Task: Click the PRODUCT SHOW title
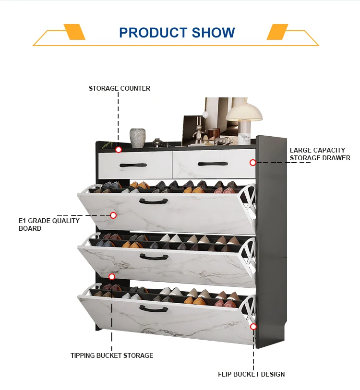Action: pos(177,33)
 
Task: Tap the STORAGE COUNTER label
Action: pos(120,88)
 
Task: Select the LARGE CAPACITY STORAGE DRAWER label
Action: pos(320,154)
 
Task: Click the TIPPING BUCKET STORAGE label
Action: pos(112,355)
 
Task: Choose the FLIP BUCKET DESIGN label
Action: pos(252,374)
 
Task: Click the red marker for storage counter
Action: pos(119,150)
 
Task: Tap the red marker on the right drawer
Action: pos(253,163)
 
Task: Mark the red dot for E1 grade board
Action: pos(113,215)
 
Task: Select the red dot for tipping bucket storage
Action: pos(112,277)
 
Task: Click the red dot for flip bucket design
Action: pos(253,327)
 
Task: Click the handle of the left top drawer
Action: pos(133,165)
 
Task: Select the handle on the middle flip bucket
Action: pos(154,257)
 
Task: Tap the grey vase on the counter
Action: pos(138,138)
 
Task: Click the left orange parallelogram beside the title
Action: pos(74,32)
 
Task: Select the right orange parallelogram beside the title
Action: pos(277,32)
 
